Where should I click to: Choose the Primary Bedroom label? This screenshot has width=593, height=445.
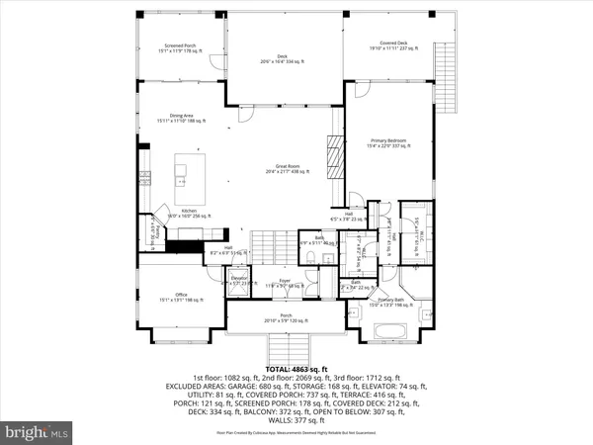click(387, 142)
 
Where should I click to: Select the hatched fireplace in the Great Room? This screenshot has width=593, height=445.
click(334, 163)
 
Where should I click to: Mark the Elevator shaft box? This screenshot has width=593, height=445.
click(238, 282)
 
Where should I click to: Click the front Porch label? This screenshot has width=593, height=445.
click(285, 319)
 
